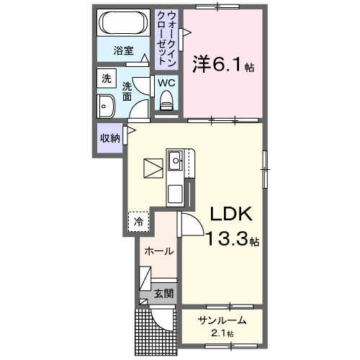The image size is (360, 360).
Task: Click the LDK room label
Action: (x=230, y=214)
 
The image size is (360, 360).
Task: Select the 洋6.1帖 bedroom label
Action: (x=222, y=65)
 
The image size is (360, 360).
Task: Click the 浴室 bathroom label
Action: (x=125, y=50)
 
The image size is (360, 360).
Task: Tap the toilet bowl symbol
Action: (x=166, y=104)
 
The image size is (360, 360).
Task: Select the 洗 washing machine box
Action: (x=106, y=78)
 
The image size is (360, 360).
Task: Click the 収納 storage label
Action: (x=109, y=138)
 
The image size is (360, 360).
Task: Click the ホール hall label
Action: (x=158, y=251)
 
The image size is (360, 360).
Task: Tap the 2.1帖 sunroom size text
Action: (x=222, y=333)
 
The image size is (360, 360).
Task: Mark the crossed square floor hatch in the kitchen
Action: (x=153, y=169)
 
